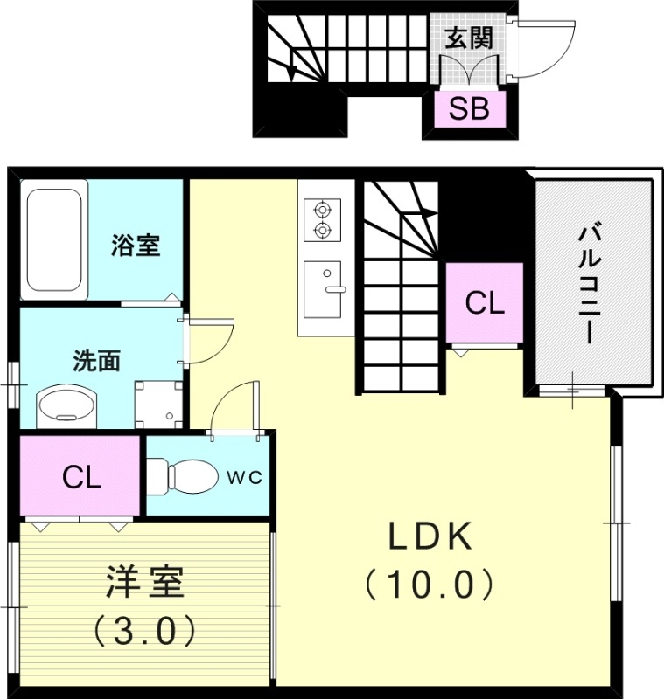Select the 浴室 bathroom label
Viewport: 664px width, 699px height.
(x=136, y=246)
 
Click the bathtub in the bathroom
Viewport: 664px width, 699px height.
(x=54, y=240)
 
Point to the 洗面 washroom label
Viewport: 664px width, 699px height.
(x=96, y=361)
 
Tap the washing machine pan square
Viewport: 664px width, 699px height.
(x=158, y=404)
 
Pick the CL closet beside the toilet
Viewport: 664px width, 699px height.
(x=81, y=477)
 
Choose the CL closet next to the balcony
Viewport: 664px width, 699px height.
(x=484, y=303)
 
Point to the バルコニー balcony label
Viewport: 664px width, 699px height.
(x=587, y=284)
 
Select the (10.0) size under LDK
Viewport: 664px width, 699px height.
(x=430, y=583)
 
